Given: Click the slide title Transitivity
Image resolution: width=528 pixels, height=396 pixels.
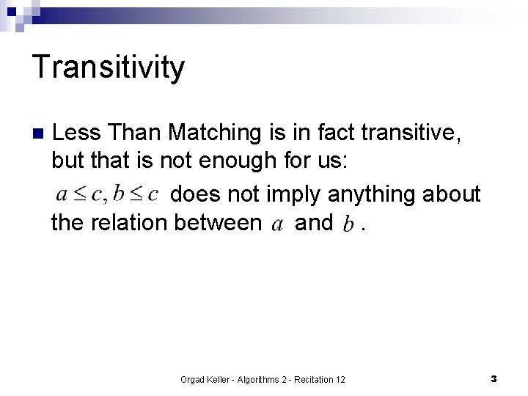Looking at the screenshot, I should pos(109,68).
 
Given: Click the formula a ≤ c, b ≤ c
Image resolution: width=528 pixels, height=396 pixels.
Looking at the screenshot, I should pos(108,194).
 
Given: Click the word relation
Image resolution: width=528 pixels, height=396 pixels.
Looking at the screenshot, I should pos(131,223).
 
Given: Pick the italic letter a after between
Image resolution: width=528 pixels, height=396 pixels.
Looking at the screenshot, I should pos(277,224).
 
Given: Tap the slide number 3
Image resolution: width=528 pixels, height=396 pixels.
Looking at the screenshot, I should pos(494,378).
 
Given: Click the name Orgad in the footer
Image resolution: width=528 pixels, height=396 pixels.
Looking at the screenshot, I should pos(193,379).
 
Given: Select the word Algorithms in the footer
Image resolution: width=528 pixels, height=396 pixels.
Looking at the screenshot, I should pos(253,379).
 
